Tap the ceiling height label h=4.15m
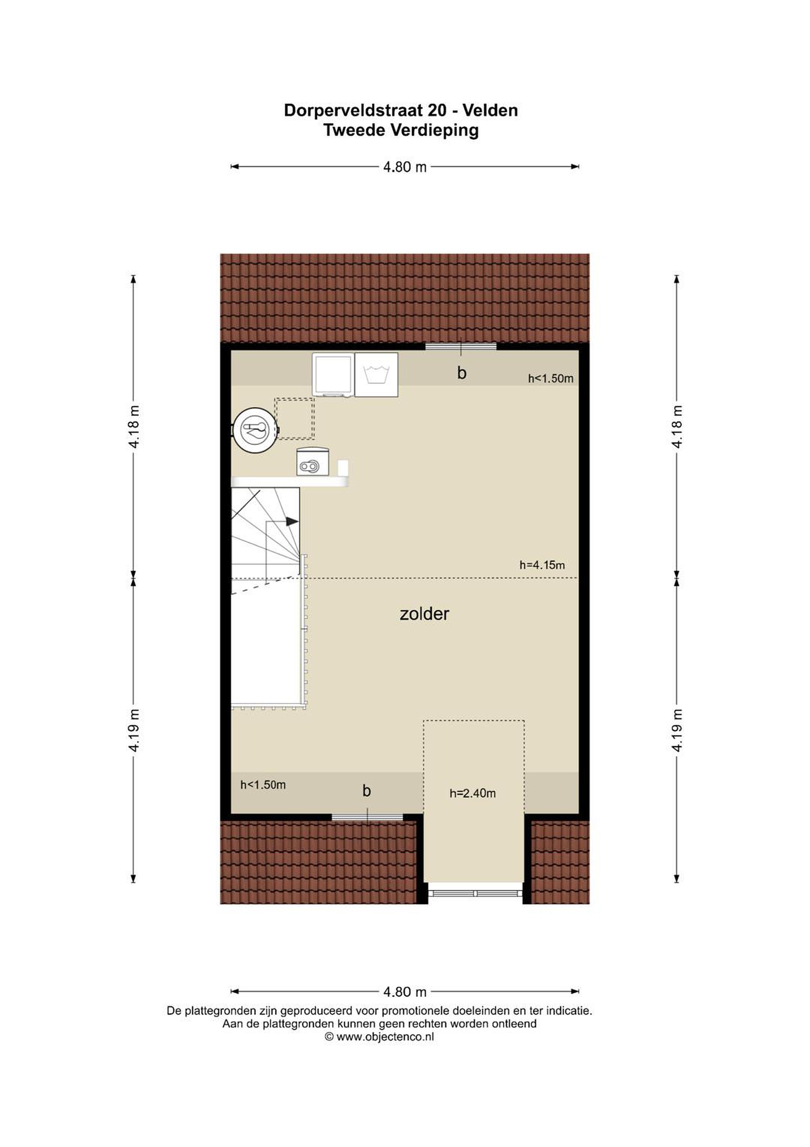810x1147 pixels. pos(542,565)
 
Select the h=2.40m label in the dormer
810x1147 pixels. pos(473,793)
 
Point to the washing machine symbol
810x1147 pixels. pos(376,375)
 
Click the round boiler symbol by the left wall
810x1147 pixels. pos(255,429)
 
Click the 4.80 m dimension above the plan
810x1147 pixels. pos(405,167)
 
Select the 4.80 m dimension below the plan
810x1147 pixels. pos(405,992)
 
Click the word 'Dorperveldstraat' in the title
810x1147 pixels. pos(358,110)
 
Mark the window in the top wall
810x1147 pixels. pos(461,346)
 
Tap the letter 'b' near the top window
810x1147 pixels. pos(461,373)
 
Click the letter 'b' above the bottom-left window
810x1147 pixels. pos(367,791)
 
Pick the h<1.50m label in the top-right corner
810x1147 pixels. pos(551,379)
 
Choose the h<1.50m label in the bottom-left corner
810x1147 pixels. pos(263,785)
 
